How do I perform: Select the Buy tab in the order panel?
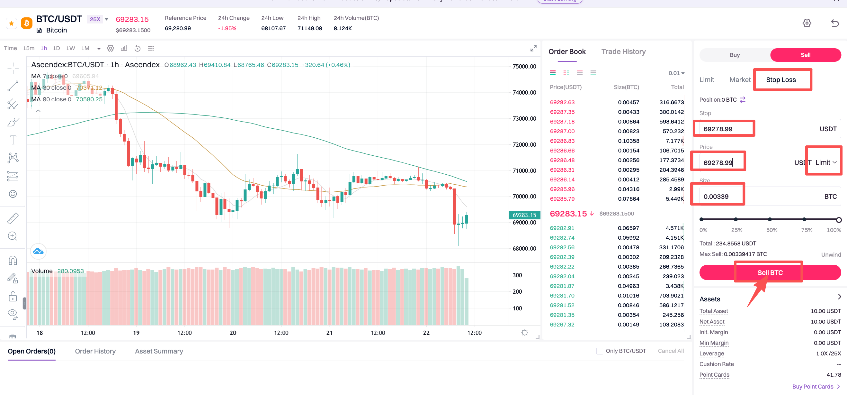(735, 55)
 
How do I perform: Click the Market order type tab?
(740, 80)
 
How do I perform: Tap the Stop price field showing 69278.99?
(723, 129)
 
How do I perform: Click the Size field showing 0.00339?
(720, 197)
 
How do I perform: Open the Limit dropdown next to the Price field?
(825, 162)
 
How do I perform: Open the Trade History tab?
(623, 52)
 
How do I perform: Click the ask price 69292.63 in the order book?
(562, 102)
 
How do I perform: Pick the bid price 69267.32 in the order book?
(562, 325)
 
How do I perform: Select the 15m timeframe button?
(29, 48)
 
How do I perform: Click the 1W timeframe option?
(70, 48)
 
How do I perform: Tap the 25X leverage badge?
(95, 19)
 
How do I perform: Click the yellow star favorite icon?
(12, 23)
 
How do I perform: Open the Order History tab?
(95, 351)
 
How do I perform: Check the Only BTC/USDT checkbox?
(599, 351)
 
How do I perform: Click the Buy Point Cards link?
(813, 386)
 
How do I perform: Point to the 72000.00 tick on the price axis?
(524, 145)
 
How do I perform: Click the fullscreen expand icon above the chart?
(533, 48)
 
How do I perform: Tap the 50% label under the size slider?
(771, 230)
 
